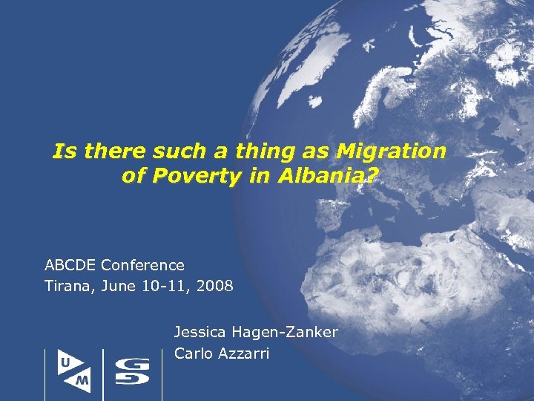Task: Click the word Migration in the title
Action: (x=391, y=152)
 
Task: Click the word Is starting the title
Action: (x=62, y=152)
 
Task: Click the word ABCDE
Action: (x=70, y=265)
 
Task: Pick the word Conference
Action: (x=142, y=265)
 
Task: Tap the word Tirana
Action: (x=67, y=285)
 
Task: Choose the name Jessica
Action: (x=201, y=331)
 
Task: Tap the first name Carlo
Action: (x=192, y=353)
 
